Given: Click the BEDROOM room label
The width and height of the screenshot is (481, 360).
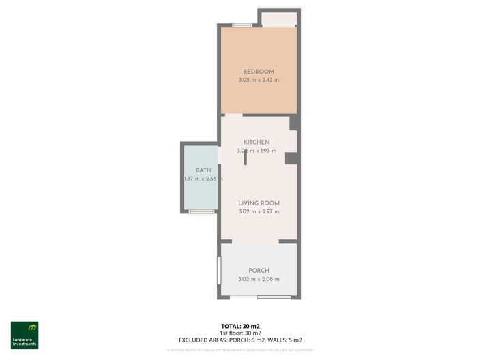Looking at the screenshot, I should pos(259,72).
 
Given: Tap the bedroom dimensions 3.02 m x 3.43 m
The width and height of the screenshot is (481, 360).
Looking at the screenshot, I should pos(259,80).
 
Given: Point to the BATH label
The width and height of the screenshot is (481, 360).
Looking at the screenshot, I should pos(203,170).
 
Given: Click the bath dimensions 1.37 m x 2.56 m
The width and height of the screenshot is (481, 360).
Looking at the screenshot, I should pos(203,179).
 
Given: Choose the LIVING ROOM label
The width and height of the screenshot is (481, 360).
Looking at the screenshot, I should pos(259,203).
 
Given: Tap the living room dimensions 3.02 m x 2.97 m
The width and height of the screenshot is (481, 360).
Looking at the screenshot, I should pos(259,212).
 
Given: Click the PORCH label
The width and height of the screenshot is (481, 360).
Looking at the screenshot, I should pos(259,271).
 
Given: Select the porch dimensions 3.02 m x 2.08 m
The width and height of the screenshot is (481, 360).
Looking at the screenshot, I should pos(259,279).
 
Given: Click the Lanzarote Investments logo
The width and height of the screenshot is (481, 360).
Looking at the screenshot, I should pos(25,335).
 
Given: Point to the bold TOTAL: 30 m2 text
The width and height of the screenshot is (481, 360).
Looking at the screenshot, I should pos(240,326).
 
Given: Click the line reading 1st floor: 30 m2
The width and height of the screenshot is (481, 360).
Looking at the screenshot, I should pos(240,333).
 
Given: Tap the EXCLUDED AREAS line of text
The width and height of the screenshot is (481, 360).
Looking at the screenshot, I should pos(240,340).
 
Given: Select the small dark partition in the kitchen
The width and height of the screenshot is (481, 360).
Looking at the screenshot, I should pos(245,155).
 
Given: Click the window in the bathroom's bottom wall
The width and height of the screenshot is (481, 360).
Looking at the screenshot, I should pos(201,211).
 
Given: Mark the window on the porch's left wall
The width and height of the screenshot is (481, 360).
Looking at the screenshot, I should pos(219,271).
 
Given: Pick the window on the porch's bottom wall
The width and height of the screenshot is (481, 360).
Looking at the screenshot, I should pos(273,297).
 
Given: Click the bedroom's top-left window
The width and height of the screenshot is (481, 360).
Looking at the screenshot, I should pos(241,26).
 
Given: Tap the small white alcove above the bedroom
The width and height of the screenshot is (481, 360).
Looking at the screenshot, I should pos(279,18).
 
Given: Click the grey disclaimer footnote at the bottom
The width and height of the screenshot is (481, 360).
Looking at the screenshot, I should pos(240,350).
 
